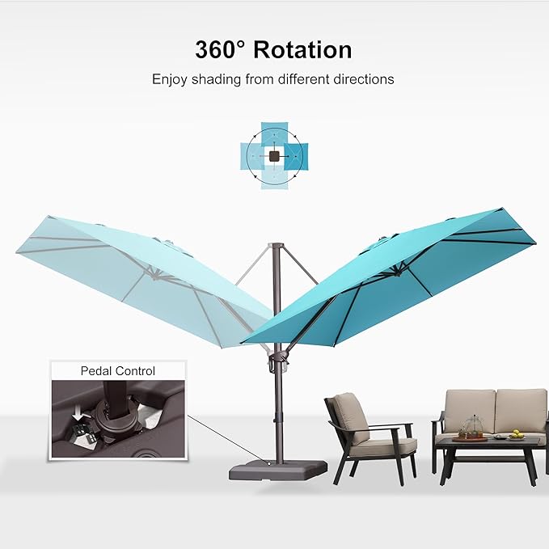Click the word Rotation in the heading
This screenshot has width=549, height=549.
click(302, 49)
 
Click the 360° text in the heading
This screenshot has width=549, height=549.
click(220, 49)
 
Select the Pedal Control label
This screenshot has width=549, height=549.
click(117, 371)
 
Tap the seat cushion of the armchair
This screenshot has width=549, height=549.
click(381, 446)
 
